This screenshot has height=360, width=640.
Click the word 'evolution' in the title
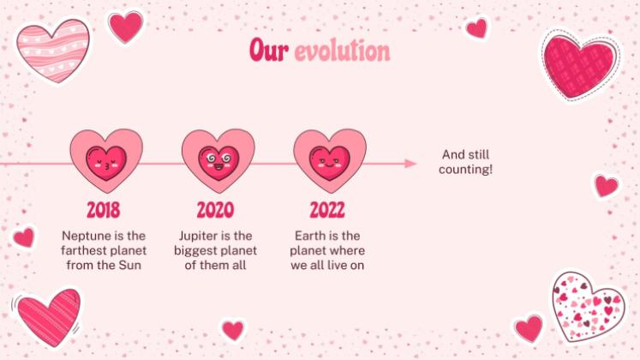point(342,51)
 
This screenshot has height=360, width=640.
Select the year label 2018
point(104,209)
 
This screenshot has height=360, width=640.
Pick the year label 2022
point(327,209)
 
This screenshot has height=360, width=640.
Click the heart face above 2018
point(107,160)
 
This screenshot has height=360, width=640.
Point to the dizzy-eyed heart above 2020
point(218,160)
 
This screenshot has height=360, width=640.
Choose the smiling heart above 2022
point(330,160)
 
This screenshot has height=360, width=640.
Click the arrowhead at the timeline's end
point(411,163)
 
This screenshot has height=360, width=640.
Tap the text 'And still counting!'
point(465,162)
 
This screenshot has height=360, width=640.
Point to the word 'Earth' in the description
point(311,235)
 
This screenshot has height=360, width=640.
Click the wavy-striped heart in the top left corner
point(52,49)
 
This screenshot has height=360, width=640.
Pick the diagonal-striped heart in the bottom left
point(48,315)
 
